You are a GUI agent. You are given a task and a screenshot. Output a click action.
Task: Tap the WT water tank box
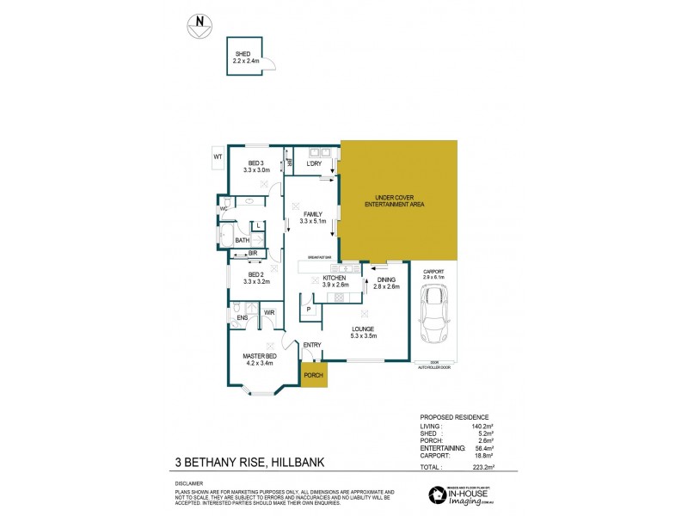218,157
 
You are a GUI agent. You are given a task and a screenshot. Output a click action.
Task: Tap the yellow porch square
313,375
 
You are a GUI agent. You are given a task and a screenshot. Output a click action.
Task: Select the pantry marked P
307,308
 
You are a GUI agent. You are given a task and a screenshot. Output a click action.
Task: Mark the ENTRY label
312,345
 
